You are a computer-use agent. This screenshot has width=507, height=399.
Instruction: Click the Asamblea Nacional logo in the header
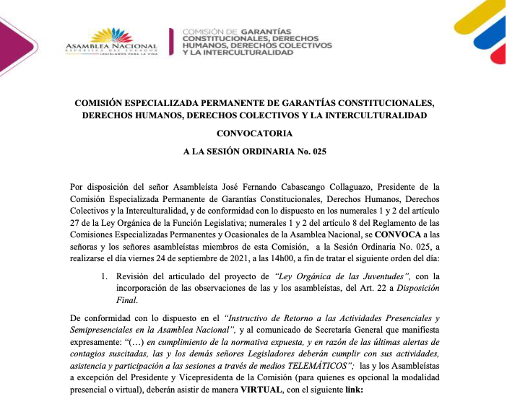tap(111, 40)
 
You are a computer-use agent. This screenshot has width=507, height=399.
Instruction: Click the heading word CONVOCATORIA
tap(253, 133)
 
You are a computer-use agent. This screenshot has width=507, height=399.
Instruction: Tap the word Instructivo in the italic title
tap(255, 317)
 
